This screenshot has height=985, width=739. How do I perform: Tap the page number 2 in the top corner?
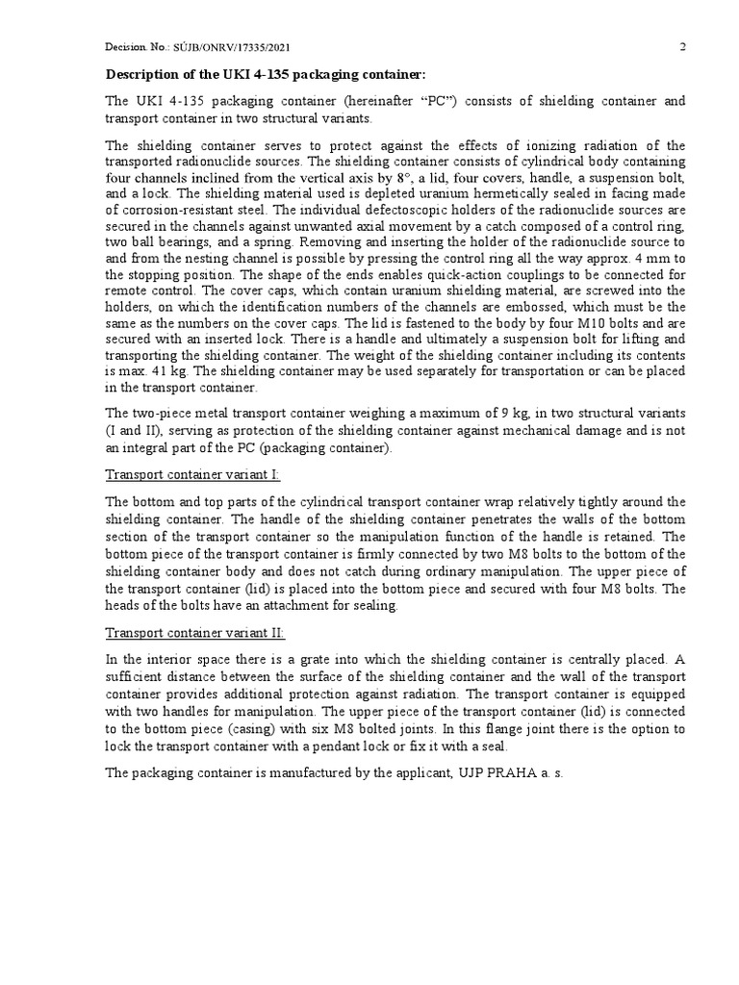682,47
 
